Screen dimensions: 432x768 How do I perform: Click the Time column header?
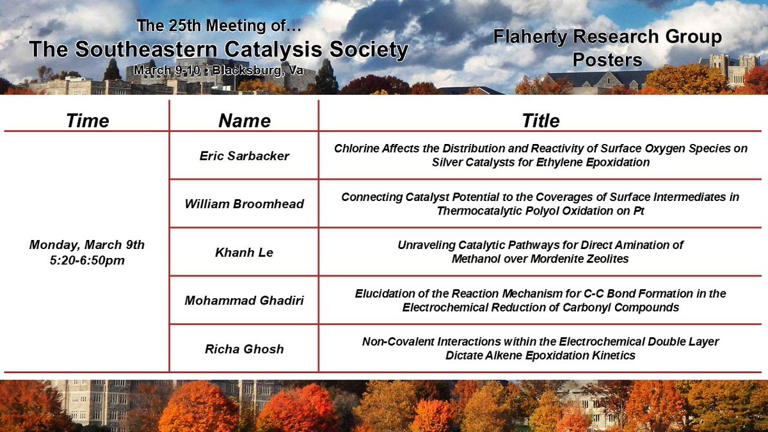[87, 120]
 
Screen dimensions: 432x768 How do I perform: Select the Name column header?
[244, 120]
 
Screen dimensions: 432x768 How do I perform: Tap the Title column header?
[540, 120]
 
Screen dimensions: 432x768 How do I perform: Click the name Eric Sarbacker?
[244, 156]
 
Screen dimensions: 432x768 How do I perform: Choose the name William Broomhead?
[244, 204]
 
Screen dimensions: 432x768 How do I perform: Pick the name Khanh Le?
[244, 253]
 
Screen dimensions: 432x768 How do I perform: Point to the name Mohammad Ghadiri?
[244, 300]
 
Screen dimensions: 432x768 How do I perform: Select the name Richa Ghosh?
[244, 348]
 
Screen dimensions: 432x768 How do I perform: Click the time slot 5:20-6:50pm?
[87, 259]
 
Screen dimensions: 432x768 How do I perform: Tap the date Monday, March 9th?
[87, 244]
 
